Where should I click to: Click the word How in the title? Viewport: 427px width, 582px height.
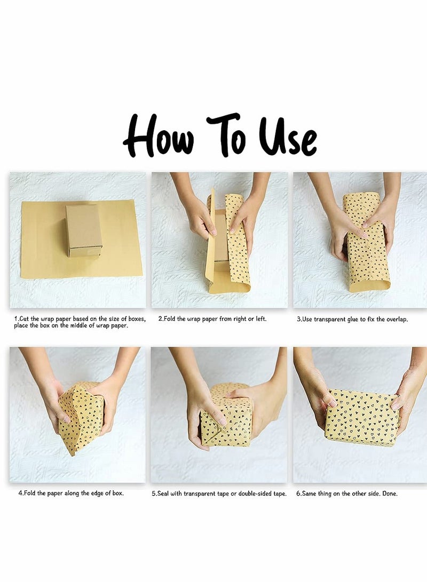pos(159,136)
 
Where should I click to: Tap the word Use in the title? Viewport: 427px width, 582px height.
pos(288,137)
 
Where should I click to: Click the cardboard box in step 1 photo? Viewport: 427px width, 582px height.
pos(84,230)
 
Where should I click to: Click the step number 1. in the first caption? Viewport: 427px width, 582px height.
pos(17,319)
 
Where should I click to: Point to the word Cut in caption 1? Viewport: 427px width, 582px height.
pos(24,319)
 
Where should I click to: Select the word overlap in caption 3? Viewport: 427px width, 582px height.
pos(397,320)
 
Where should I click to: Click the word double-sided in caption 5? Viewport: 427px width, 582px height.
pos(256,493)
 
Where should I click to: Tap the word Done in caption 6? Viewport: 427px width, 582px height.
pos(390,493)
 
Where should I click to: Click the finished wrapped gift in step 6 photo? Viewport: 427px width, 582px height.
pos(361,418)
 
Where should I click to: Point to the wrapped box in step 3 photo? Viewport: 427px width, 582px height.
pos(366,242)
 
